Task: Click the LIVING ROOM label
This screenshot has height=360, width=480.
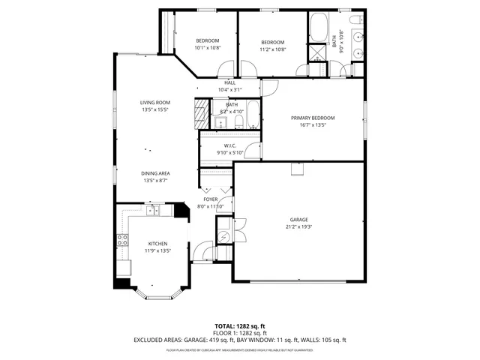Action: click(155, 102)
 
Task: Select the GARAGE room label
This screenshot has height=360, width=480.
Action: click(298, 220)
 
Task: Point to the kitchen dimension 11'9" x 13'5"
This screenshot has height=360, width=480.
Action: click(157, 250)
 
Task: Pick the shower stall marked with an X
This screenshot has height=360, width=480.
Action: click(317, 52)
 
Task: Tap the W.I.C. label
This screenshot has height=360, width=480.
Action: click(230, 145)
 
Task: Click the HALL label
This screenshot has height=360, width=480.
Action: click(230, 82)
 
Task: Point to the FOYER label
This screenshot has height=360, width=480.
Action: click(210, 199)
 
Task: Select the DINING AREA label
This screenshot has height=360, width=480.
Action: click(155, 173)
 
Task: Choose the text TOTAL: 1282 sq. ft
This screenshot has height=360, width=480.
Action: click(240, 326)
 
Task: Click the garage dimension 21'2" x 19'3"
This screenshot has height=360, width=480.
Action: click(298, 226)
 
